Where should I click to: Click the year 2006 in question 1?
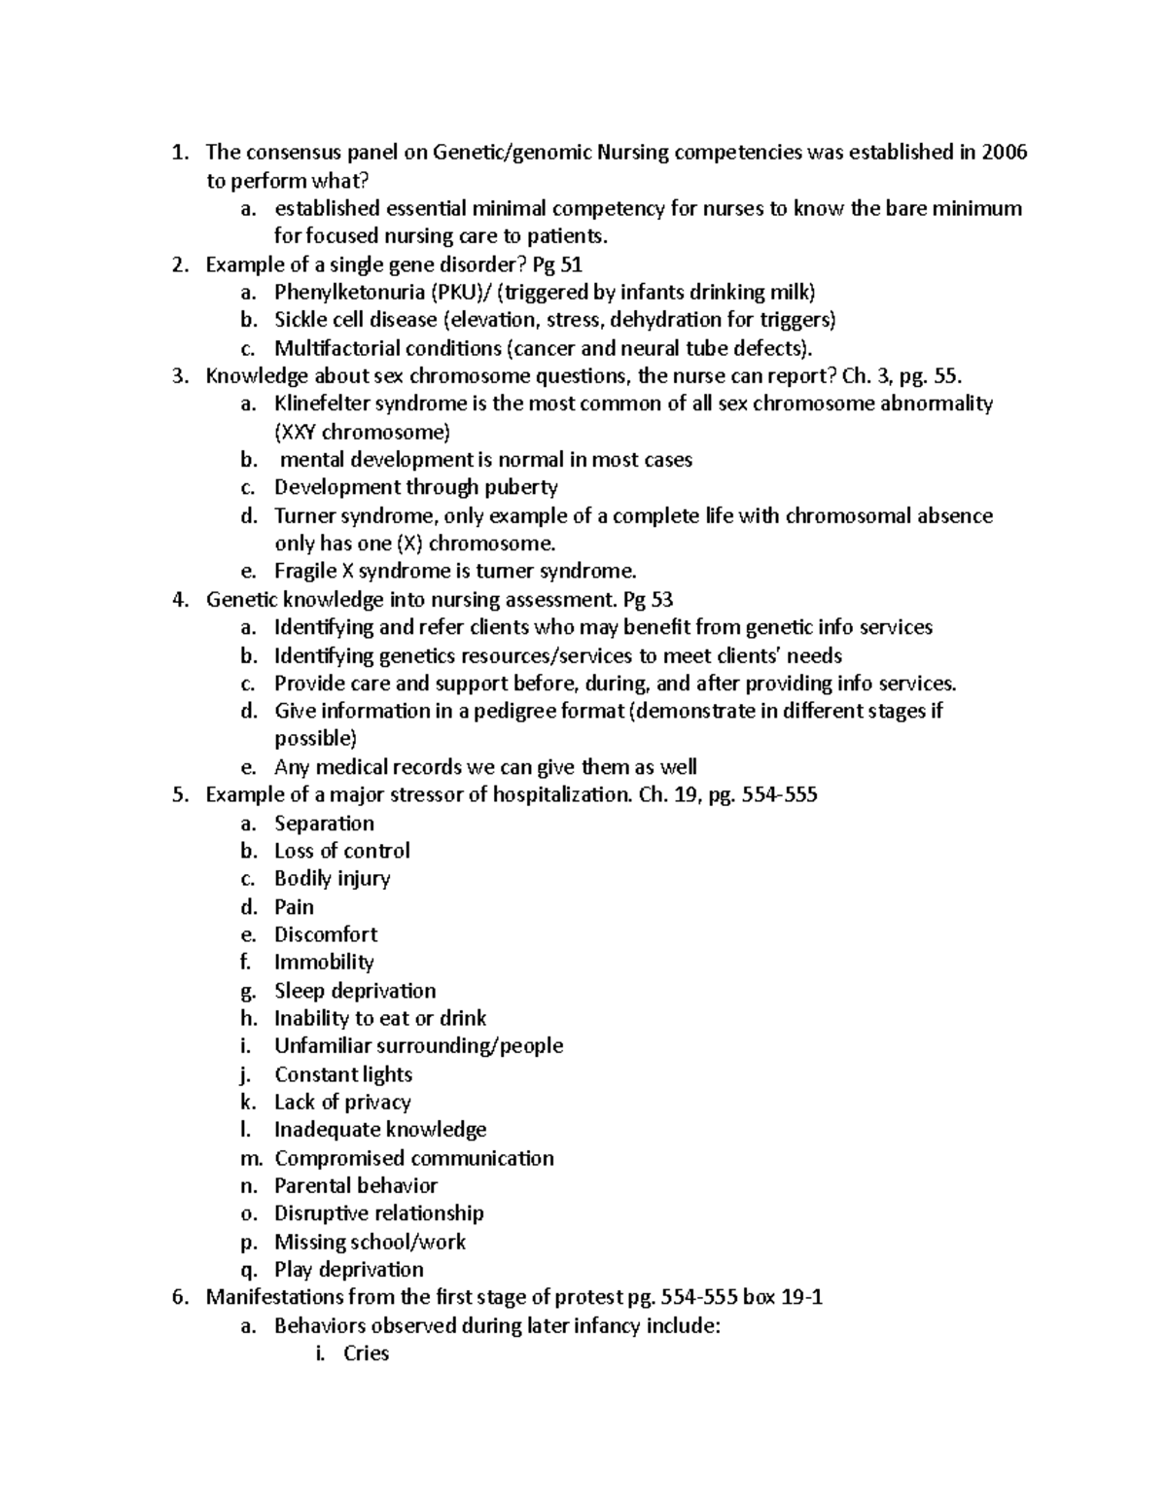tap(1004, 153)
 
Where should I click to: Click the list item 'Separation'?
tap(324, 824)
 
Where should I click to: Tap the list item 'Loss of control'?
tap(341, 851)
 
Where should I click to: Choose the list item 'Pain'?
tap(294, 907)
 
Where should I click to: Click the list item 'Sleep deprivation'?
tap(355, 991)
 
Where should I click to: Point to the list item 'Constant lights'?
tap(343, 1074)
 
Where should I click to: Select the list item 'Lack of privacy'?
tap(342, 1102)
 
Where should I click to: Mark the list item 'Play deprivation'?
tap(349, 1270)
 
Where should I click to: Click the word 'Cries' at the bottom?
tap(366, 1353)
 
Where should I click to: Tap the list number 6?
tap(178, 1297)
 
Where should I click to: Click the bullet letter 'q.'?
tap(248, 1270)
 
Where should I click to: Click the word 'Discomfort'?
tap(326, 934)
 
